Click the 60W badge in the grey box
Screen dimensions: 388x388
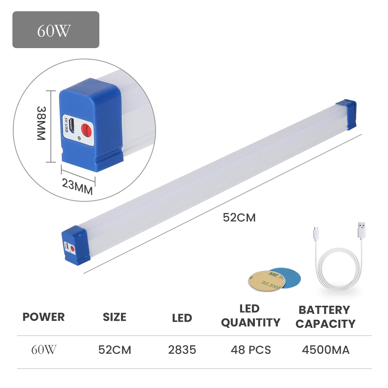tap(55, 30)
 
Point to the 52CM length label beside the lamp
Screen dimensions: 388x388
tap(239, 218)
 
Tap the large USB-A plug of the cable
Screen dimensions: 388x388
tap(362, 231)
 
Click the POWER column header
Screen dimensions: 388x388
tap(43, 317)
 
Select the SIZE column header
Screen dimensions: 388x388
tap(114, 317)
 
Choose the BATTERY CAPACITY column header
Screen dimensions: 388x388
tap(325, 317)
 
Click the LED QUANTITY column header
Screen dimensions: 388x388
tap(250, 316)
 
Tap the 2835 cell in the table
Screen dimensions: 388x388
tap(182, 350)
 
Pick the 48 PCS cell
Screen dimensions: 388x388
tap(251, 350)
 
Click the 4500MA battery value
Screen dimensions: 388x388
tap(326, 350)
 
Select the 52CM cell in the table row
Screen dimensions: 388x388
tap(114, 350)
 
